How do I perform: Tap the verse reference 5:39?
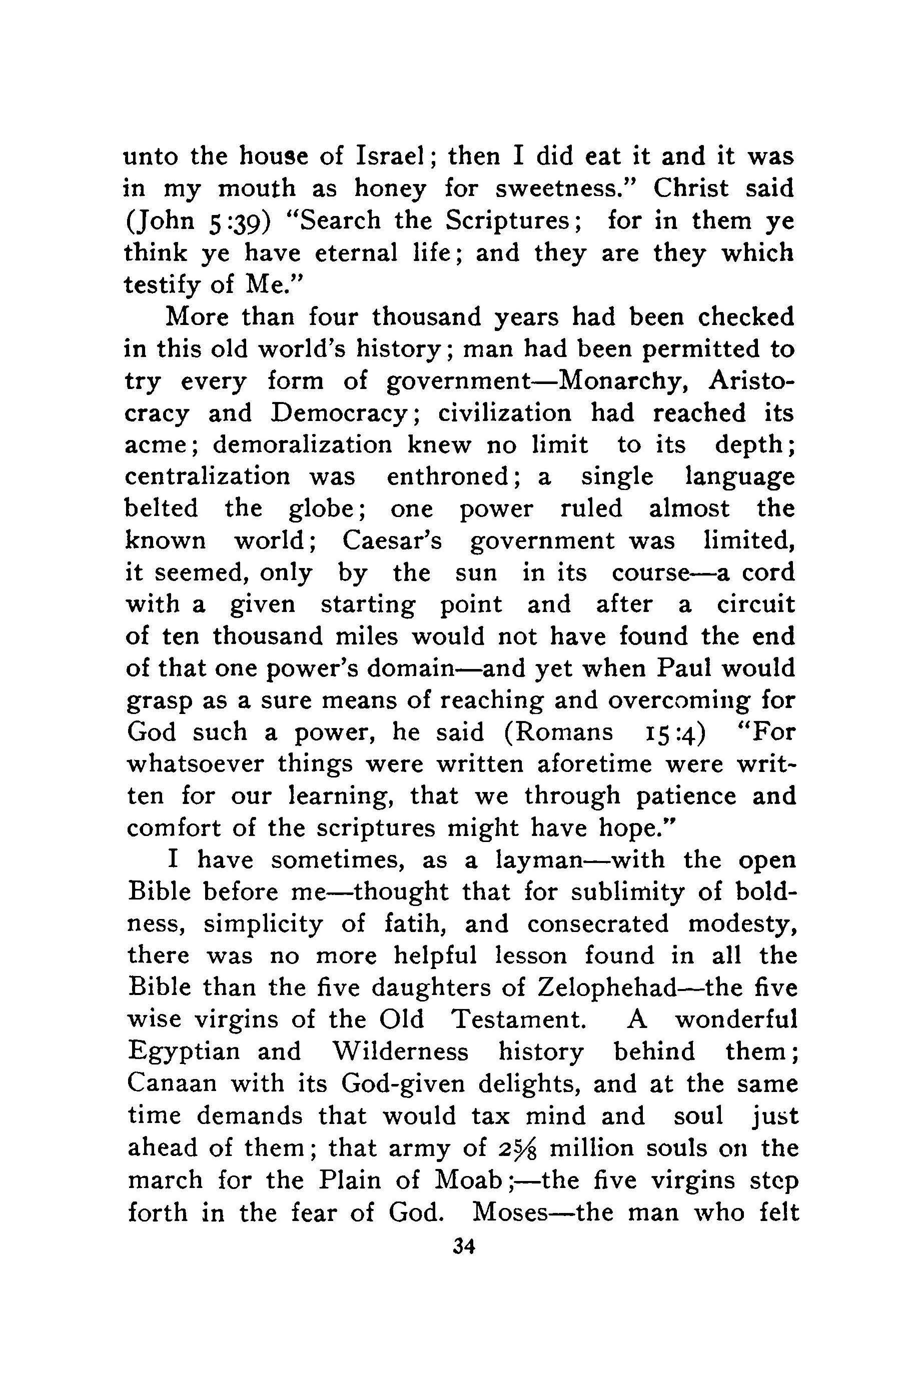pyautogui.click(x=239, y=221)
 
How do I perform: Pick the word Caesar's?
pyautogui.click(x=392, y=541)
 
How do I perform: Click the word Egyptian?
pyautogui.click(x=184, y=1051)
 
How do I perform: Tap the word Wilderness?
pyautogui.click(x=400, y=1051)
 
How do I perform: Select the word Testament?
pyautogui.click(x=519, y=1019)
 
